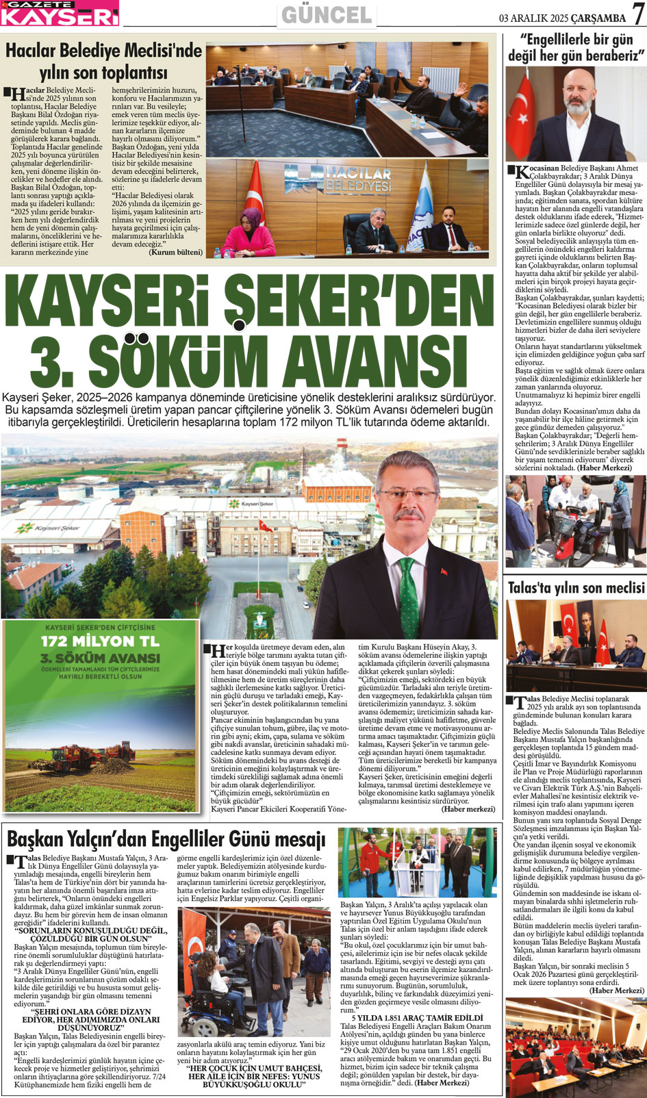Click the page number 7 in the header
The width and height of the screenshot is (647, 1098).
[636, 14]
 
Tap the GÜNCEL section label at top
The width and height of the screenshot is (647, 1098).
[327, 15]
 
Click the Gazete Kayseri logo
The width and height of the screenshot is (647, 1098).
[60, 13]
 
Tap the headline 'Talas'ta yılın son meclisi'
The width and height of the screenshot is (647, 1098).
[576, 587]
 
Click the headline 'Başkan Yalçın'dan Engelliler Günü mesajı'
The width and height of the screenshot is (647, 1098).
[166, 839]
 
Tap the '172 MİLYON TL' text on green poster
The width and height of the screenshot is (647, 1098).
[101, 641]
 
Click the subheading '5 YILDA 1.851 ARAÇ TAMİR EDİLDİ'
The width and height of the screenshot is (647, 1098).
[413, 1018]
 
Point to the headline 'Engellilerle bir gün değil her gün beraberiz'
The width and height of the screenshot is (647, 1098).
[575, 48]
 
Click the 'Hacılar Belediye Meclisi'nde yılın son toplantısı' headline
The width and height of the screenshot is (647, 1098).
[104, 60]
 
